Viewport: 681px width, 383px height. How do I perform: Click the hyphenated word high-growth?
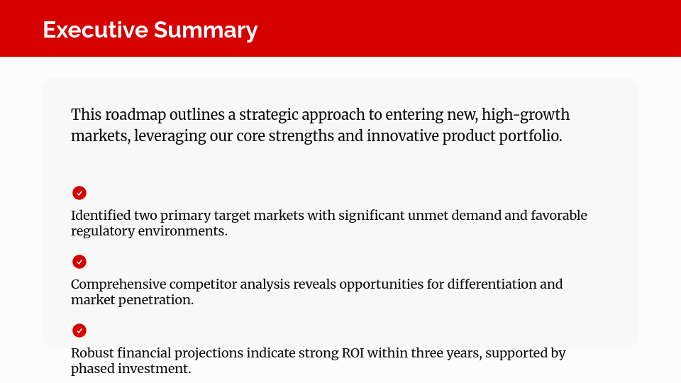tap(526, 115)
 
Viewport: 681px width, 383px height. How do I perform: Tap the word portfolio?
tap(531, 136)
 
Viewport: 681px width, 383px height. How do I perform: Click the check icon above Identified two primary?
tap(79, 193)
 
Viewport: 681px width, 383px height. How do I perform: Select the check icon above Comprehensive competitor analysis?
tap(79, 262)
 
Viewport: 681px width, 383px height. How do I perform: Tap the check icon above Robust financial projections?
tap(79, 331)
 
